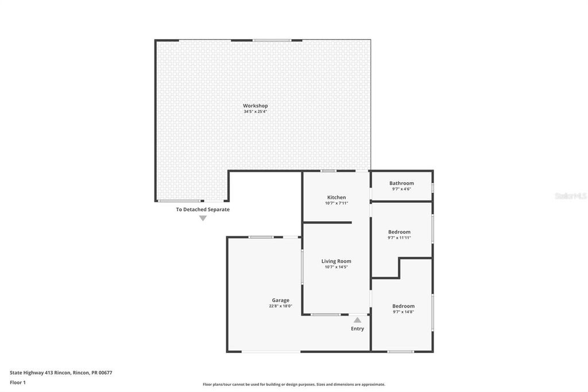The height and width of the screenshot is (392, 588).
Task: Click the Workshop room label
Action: point(255,106)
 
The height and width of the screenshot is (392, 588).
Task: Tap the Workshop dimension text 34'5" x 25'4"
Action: point(255,112)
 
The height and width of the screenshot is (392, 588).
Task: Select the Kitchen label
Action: point(336,197)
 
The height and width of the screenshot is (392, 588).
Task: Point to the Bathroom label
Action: point(401,183)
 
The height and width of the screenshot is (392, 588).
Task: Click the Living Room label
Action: point(336,261)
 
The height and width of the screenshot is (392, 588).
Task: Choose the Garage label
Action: point(280,300)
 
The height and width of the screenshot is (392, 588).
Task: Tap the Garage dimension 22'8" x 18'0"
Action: point(280,306)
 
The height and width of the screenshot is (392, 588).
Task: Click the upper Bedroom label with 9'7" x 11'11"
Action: point(399,232)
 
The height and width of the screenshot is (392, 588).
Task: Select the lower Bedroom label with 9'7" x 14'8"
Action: point(403,306)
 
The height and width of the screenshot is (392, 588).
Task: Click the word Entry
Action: point(357,329)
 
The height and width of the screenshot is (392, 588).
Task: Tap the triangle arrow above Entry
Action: point(357,320)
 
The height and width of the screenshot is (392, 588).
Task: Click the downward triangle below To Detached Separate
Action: point(203,218)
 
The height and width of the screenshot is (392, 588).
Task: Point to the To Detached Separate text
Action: point(203,210)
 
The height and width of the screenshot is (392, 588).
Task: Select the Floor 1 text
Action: point(18,382)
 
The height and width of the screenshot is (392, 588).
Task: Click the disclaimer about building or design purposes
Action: point(293,385)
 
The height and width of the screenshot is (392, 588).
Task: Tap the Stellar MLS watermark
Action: point(570,196)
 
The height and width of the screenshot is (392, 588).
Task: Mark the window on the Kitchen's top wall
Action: point(328,171)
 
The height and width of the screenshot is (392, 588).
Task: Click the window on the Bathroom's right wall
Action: point(432,187)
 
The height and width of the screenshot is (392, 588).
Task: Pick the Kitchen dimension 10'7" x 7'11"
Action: point(336,203)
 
